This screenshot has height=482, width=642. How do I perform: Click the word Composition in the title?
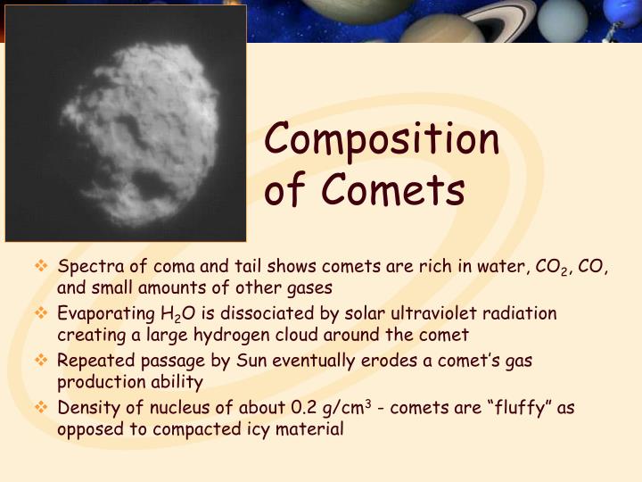click(382, 140)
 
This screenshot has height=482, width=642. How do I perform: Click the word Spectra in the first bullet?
click(86, 267)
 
